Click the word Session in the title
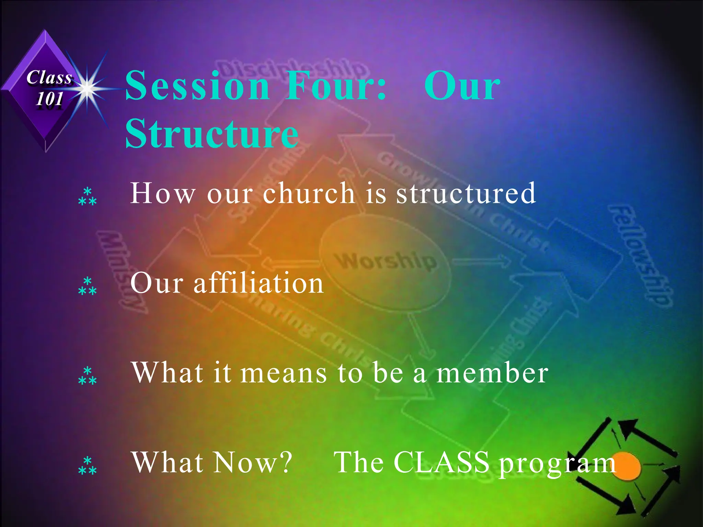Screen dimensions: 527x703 tap(197, 86)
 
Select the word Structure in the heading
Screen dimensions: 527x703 tap(212, 134)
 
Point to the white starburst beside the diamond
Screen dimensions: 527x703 tap(88, 89)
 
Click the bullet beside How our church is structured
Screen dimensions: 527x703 tap(87, 197)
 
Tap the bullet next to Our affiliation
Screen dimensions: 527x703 tap(87, 286)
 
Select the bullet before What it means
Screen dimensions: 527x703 tap(87, 376)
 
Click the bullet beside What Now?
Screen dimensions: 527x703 tap(87, 466)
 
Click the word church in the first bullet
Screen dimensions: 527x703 tap(309, 193)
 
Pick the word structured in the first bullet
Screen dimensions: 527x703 tap(466, 193)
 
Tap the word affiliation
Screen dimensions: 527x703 tap(258, 283)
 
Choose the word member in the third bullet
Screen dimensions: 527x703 tap(492, 373)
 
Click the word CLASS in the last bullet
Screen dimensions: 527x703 tap(441, 462)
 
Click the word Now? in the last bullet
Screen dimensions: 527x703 tap(253, 462)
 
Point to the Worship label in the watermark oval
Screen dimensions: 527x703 tap(386, 261)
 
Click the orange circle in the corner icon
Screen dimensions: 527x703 tap(627, 467)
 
